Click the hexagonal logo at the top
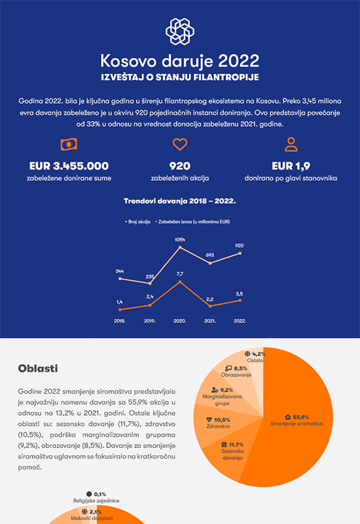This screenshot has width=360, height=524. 179,31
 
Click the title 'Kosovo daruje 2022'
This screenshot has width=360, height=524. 179,61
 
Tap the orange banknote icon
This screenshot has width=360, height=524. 69,144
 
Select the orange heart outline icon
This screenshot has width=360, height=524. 179,144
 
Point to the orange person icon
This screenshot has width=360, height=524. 291,144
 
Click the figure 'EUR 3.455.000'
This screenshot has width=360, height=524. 69,166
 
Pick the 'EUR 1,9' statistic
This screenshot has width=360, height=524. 291,166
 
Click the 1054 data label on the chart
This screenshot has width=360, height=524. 179,240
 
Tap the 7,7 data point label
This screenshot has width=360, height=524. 179,274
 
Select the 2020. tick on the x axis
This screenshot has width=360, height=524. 179,321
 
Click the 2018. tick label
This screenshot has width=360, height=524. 120,321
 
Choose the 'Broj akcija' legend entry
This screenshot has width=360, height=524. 137,221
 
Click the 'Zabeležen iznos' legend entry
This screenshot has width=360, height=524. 192,221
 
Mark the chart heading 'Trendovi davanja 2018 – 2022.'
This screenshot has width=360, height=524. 179,201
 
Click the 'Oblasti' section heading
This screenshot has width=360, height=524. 38,368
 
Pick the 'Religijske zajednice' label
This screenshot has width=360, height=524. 96,500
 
